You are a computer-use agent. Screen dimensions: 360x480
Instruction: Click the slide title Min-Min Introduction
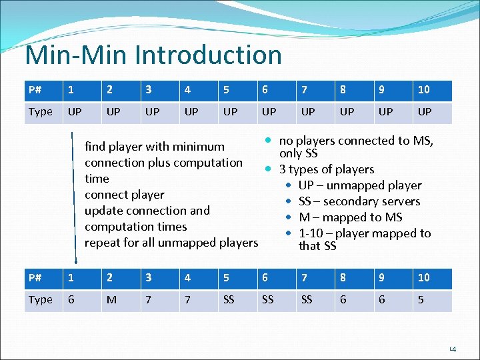(x=153, y=55)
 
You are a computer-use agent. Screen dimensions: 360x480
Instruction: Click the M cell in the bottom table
(x=111, y=300)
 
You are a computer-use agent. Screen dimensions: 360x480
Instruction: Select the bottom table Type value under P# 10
(x=421, y=300)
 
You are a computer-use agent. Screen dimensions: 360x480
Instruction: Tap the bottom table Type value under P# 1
(x=71, y=300)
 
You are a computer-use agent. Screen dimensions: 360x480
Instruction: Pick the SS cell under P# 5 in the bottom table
(x=229, y=300)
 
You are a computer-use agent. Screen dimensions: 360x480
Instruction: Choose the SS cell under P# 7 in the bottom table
(x=307, y=300)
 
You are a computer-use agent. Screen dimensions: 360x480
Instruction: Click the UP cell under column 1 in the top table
(x=75, y=112)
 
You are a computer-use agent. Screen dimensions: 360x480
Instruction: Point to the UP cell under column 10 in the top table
(x=424, y=112)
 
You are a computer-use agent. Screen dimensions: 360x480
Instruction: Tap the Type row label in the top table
(x=40, y=112)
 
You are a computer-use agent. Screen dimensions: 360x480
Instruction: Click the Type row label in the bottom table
(x=40, y=300)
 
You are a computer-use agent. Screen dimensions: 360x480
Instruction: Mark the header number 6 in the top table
(x=265, y=90)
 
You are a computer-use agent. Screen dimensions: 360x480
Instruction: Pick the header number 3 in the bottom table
(x=149, y=278)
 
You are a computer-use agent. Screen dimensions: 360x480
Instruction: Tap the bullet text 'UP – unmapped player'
(x=360, y=185)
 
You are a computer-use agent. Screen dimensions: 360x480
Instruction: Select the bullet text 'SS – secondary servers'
(x=359, y=201)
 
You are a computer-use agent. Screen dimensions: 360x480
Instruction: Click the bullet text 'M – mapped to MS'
(x=350, y=217)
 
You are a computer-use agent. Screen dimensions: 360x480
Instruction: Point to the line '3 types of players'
(x=327, y=169)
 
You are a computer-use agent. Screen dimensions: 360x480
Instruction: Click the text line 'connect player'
(x=124, y=195)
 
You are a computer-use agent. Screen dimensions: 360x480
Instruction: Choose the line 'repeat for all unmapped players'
(x=171, y=243)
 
